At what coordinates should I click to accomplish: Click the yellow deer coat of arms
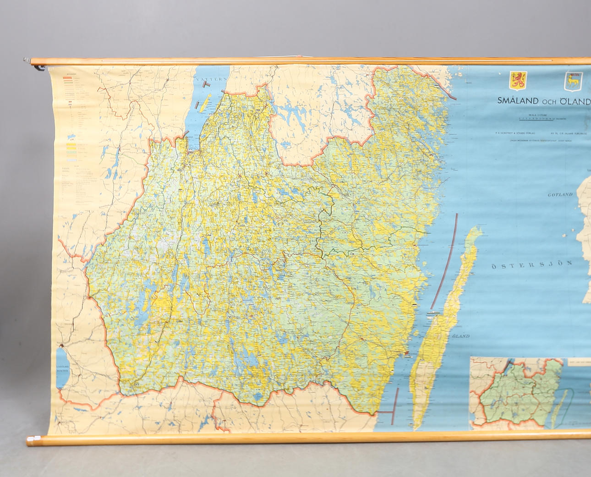573,81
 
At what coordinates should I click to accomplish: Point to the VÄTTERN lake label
211,79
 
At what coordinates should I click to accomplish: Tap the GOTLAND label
560,195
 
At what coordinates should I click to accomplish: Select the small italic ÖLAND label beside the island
460,336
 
